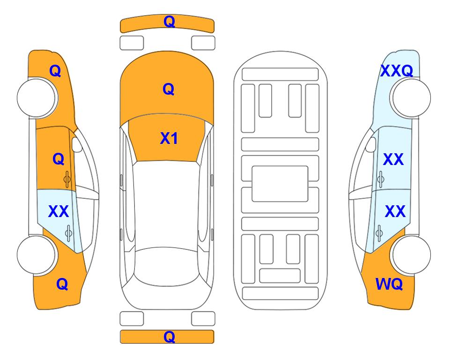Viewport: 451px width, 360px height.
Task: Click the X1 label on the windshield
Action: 169,138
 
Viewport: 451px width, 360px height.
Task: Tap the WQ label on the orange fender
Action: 389,284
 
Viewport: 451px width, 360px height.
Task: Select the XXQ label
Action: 397,71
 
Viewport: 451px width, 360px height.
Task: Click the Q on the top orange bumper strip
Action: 169,22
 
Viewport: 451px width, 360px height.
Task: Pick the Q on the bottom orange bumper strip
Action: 169,337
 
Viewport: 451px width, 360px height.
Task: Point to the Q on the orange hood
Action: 169,89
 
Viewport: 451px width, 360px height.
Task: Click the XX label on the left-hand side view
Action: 59,211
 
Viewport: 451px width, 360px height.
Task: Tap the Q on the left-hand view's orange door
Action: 59,159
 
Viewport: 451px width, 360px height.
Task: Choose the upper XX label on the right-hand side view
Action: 393,159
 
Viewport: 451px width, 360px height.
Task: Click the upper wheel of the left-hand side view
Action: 37,98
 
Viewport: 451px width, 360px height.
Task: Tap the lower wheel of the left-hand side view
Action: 37,255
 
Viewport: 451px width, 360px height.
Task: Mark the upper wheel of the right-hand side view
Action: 411,98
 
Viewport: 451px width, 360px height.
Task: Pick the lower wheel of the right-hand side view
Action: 411,255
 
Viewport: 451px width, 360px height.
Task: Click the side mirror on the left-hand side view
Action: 77,144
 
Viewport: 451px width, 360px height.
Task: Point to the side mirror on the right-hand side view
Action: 371,144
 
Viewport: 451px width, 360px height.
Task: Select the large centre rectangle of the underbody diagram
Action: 280,184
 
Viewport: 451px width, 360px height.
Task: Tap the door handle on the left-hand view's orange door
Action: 67,180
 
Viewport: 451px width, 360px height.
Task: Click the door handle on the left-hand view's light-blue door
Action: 68,233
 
